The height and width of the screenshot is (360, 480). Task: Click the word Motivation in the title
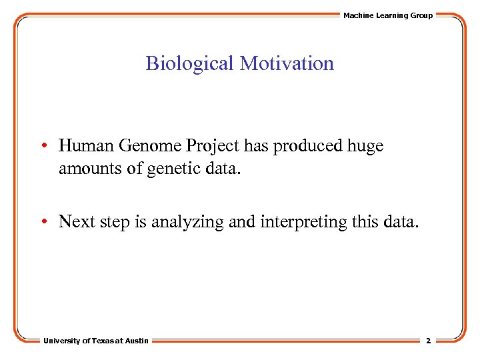[287, 64]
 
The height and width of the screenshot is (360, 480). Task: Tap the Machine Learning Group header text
[388, 15]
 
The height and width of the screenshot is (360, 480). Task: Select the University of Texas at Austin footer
[97, 341]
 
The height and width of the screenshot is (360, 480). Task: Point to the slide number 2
[428, 341]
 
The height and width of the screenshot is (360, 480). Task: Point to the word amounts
[87, 169]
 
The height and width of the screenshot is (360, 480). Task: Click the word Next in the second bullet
[76, 222]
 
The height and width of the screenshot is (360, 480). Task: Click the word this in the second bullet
[361, 222]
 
